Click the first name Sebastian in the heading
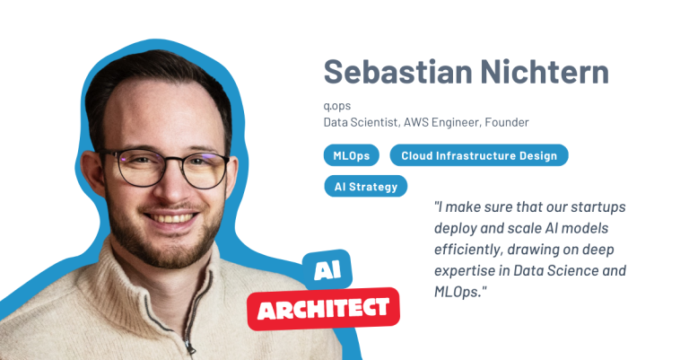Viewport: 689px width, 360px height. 398,71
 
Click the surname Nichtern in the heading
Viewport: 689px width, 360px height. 545,71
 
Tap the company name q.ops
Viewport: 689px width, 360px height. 337,106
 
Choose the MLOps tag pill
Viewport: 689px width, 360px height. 351,155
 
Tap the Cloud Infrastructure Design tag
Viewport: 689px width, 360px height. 479,155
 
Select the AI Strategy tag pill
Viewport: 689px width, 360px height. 366,187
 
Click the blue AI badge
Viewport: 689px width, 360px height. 327,270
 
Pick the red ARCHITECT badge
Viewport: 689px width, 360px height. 323,310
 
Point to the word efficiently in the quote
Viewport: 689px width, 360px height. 467,250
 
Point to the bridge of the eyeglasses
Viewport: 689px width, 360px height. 173,159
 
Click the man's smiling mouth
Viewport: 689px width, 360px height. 170,217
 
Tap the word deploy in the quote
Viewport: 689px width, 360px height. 455,229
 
